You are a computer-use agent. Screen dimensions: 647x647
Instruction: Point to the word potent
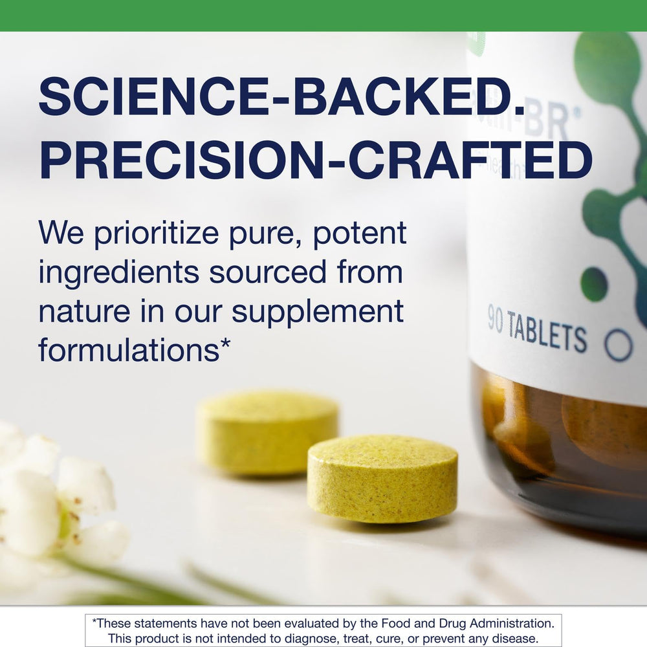click(360, 234)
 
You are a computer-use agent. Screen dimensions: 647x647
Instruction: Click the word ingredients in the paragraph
click(118, 272)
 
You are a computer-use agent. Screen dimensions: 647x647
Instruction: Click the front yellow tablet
click(382, 478)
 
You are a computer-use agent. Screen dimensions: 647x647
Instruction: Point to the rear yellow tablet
click(267, 432)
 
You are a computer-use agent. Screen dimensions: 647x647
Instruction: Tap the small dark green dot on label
click(594, 283)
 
